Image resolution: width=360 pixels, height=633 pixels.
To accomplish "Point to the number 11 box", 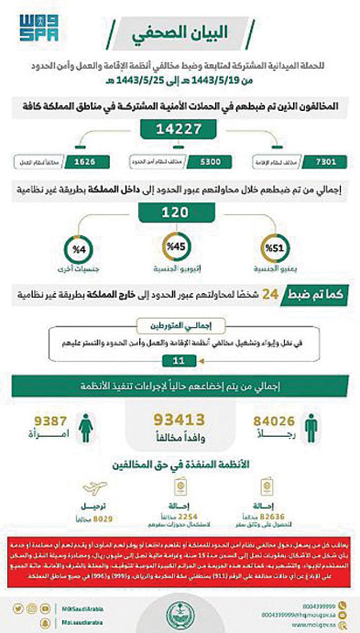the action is tap(179, 359).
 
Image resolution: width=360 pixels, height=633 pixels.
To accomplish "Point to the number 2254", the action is tap(184, 517).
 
